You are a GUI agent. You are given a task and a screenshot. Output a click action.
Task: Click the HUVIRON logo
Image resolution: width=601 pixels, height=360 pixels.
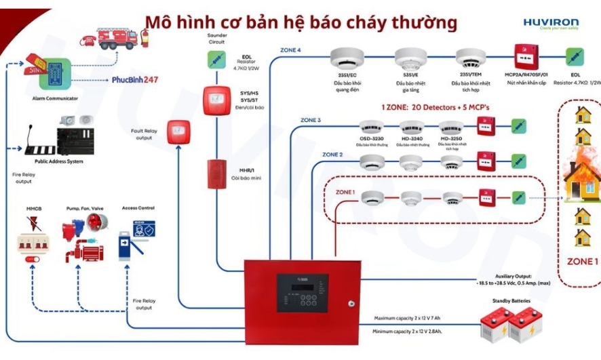tap(550, 22)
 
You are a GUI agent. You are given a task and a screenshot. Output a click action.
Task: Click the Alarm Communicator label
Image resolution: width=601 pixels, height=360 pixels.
tap(55, 98)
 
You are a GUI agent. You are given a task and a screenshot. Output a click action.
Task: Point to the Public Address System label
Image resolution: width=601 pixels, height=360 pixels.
tap(59, 161)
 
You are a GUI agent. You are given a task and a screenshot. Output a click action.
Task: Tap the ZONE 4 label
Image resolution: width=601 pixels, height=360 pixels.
tap(290, 50)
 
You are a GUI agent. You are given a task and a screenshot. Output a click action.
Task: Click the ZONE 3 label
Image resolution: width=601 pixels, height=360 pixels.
tap(310, 120)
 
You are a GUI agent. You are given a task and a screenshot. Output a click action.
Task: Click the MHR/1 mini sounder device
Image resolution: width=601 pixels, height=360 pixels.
tap(218, 173)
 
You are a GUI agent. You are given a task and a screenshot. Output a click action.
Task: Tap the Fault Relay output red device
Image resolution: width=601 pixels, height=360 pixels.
tap(179, 128)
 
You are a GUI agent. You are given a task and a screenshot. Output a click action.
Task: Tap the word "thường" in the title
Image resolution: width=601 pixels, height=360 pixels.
tap(427, 23)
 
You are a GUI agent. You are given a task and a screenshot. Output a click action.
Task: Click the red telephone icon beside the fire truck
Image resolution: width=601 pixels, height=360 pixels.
tap(88, 41)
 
